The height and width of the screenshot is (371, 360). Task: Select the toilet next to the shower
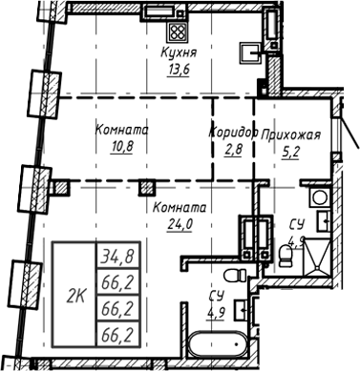point(325,225)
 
